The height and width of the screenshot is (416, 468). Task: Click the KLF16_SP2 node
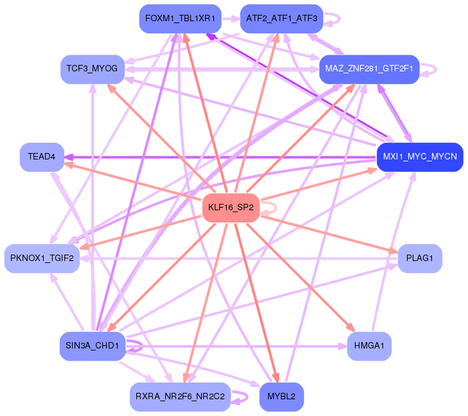[231, 208]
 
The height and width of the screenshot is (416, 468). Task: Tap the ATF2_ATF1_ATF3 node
[282, 19]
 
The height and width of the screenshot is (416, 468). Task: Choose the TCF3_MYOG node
[93, 69]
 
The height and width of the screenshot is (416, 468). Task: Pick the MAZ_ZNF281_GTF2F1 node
[369, 69]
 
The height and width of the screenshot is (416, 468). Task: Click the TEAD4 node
[42, 157]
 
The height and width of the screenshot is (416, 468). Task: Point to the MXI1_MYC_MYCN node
[419, 157]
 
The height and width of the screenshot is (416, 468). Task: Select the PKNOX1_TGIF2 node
[42, 258]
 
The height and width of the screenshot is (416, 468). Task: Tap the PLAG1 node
[420, 258]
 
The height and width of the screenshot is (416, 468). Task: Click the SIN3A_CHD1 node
[93, 347]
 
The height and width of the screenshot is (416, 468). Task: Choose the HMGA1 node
[369, 347]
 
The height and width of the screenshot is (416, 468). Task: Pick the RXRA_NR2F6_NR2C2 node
[180, 397]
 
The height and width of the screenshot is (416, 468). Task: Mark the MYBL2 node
[282, 397]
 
